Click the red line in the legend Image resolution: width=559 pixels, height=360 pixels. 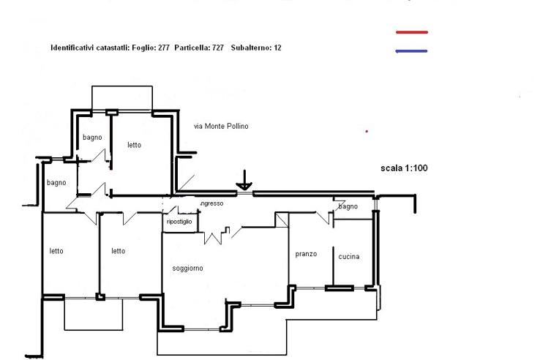411,32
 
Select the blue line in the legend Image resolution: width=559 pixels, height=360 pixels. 411,51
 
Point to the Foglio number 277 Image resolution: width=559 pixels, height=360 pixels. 163,48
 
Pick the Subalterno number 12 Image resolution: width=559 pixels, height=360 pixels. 277,48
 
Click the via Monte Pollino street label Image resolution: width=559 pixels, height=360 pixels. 221,127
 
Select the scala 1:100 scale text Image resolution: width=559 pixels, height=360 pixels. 404,168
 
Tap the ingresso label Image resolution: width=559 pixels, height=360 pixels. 211,203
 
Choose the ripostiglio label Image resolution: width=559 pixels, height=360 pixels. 179,221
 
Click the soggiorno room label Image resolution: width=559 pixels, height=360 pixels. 188,269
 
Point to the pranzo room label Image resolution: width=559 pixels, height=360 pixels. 306,254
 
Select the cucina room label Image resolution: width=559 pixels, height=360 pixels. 349,257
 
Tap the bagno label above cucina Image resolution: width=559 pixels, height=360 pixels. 348,207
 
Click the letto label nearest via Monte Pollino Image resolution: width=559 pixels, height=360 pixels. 134,145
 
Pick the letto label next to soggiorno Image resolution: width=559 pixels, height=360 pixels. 118,251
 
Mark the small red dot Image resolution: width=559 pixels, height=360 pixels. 367,132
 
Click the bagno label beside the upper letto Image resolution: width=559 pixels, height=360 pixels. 92,137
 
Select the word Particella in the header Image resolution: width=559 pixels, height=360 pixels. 192,48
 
